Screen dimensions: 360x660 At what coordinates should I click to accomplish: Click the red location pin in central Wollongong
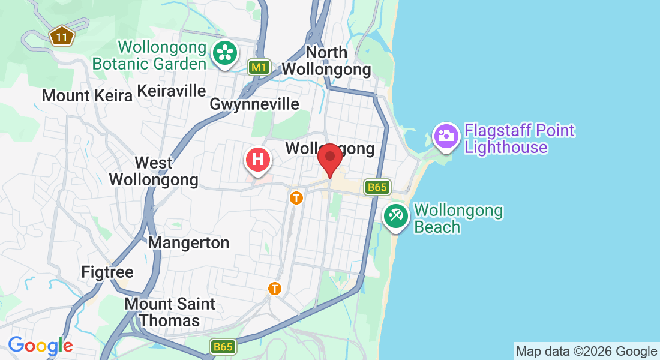tap(329, 158)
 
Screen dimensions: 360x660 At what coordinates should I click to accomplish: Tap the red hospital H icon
tap(258, 160)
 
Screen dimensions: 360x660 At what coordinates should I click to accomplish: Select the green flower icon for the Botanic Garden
tap(225, 53)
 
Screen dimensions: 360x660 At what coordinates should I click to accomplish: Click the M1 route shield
tap(259, 67)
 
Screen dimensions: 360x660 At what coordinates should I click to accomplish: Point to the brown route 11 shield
tap(61, 37)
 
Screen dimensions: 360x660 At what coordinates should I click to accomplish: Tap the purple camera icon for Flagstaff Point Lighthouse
tap(446, 136)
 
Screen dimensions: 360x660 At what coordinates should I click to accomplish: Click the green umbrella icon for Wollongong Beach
tap(395, 215)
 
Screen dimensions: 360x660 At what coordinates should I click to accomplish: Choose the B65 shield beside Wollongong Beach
tap(377, 187)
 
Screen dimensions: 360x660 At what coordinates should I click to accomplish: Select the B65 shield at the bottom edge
tap(223, 347)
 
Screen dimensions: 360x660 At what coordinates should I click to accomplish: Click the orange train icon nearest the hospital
tap(296, 197)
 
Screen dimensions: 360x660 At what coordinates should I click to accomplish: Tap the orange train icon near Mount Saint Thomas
tap(275, 289)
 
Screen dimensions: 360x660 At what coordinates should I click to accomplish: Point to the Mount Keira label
tap(87, 95)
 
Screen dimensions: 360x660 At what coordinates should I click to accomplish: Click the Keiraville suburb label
tap(172, 91)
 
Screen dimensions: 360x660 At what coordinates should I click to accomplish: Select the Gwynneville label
tap(254, 104)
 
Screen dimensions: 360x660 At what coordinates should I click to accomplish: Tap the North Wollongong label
tap(326, 61)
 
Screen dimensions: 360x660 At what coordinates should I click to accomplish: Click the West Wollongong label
tap(154, 171)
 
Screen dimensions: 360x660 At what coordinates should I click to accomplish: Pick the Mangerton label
tap(188, 242)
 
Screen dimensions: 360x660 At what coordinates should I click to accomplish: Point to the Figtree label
tap(107, 272)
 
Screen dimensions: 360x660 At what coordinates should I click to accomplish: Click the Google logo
tap(40, 346)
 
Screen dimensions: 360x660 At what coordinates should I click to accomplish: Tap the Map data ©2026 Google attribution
tap(586, 352)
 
